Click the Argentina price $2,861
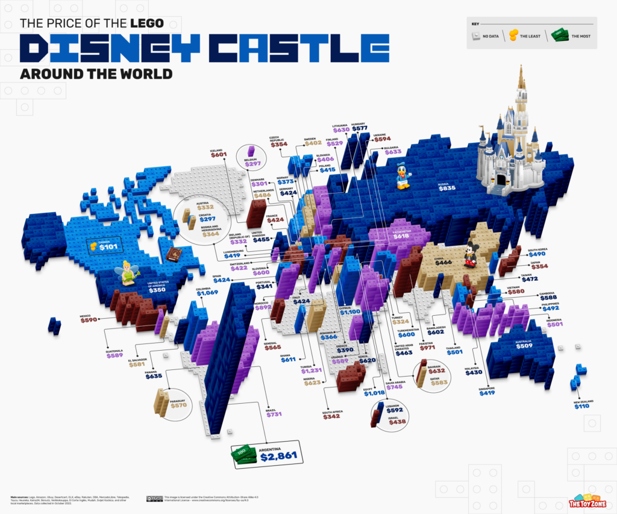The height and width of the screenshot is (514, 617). [277, 458]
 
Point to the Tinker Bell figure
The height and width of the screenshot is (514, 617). [128, 272]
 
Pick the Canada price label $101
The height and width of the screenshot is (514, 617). [108, 246]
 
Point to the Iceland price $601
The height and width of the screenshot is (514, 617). [218, 155]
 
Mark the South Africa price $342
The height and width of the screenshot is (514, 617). [332, 416]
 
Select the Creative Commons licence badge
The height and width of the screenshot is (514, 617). [155, 498]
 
